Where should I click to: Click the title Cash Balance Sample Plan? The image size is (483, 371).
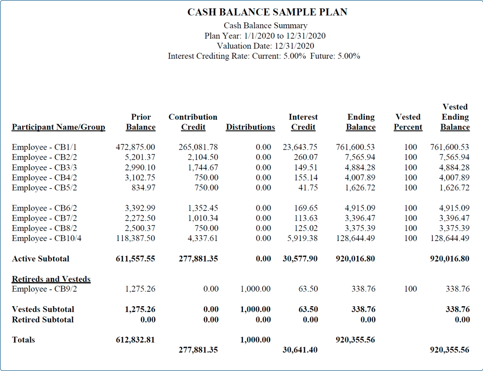point(268,12)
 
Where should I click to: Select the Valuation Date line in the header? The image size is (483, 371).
point(266,46)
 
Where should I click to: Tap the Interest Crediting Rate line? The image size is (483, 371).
point(264,56)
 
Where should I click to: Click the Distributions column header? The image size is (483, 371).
point(250,127)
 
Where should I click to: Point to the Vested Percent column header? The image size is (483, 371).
point(408,122)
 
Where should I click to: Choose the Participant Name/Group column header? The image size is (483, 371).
point(58,127)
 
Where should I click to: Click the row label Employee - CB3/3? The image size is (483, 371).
point(44,167)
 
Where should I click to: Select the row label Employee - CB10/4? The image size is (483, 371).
point(46,238)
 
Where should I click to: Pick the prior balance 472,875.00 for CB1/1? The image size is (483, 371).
point(136,147)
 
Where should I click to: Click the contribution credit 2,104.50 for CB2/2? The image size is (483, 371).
point(203,157)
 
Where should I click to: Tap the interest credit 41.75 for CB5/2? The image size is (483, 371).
point(308,187)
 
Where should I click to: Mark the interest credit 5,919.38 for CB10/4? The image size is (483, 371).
point(302,238)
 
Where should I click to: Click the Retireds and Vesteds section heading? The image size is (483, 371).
point(51,279)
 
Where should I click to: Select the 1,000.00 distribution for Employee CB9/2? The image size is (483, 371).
point(256,289)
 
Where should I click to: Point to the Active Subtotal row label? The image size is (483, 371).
point(41,258)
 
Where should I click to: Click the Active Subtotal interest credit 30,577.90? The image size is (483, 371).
point(300,258)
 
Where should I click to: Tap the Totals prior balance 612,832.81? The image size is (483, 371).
point(135,340)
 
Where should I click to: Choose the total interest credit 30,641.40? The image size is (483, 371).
point(300,350)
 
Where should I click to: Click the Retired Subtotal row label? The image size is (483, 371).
point(43,319)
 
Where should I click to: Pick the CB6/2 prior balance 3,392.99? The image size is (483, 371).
point(140,208)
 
